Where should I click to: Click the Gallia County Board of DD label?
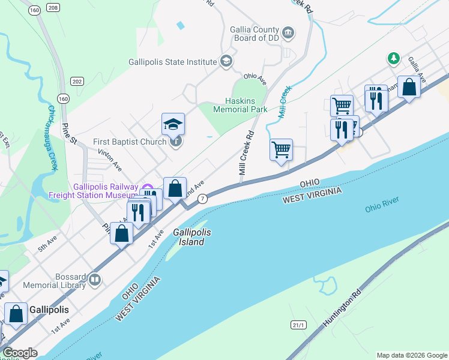(x=255, y=35)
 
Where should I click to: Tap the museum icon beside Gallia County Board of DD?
(x=288, y=32)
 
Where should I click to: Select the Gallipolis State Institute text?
(x=172, y=62)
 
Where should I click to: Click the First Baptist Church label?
(x=130, y=142)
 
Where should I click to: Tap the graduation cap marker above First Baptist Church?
(x=173, y=124)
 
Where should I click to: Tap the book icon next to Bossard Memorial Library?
(x=95, y=280)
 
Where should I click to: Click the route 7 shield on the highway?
(x=203, y=199)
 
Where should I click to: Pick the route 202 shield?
(x=77, y=81)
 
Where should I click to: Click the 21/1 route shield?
(x=298, y=325)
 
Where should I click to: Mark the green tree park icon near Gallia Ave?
(x=393, y=58)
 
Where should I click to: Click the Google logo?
(x=19, y=353)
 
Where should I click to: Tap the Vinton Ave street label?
(x=109, y=160)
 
